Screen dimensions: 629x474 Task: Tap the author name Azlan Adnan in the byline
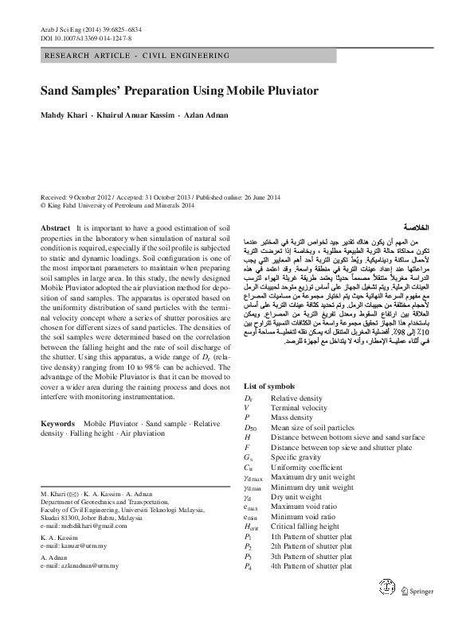point(206,115)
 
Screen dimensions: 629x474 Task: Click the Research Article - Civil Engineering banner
point(128,55)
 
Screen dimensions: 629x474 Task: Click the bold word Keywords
point(58,425)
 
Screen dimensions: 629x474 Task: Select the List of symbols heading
point(272,386)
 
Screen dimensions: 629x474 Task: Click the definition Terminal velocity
point(299,407)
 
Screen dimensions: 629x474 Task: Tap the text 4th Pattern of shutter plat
point(311,566)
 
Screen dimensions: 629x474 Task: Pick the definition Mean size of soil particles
point(311,427)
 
